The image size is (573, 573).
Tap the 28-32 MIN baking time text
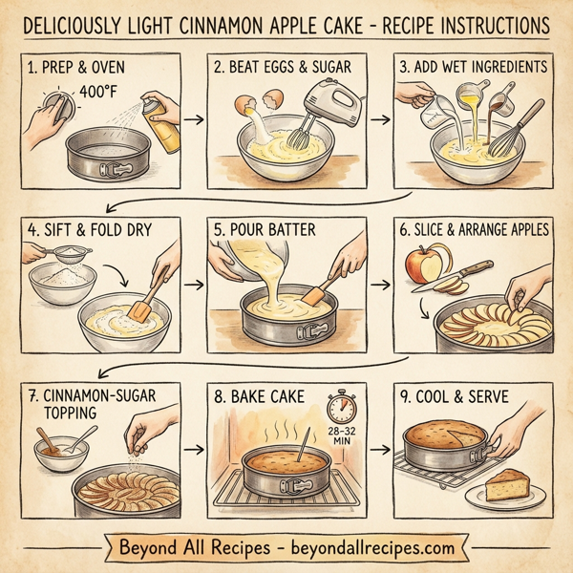point(341,436)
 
